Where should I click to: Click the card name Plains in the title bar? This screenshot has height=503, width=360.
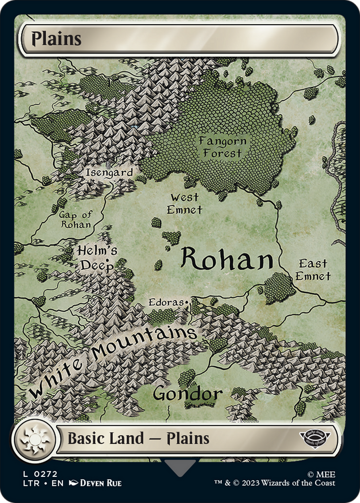point(57,39)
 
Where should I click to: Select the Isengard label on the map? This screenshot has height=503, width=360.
point(109,173)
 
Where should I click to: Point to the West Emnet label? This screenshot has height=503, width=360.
point(185,203)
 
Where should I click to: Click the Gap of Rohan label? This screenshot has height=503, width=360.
point(75,220)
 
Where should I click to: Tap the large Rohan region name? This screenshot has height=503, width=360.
point(227,260)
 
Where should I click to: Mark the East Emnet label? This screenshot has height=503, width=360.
point(313,270)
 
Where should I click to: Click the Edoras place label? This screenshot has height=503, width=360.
point(168,303)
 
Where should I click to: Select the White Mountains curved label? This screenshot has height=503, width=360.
point(113,359)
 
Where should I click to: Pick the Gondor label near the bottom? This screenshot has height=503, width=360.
point(188,393)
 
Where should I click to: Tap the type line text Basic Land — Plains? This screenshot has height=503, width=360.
point(138,438)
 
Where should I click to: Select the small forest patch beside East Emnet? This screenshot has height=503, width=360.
point(280,288)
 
